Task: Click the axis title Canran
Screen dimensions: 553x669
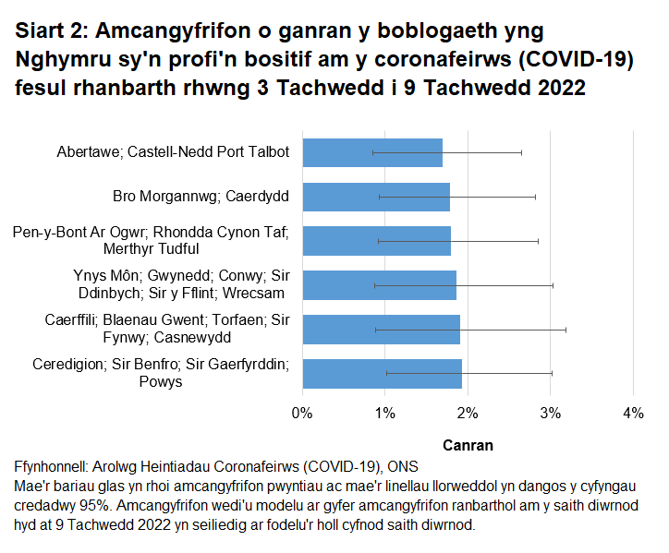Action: click(468, 445)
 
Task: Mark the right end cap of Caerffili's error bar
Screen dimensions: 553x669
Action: click(566, 330)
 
